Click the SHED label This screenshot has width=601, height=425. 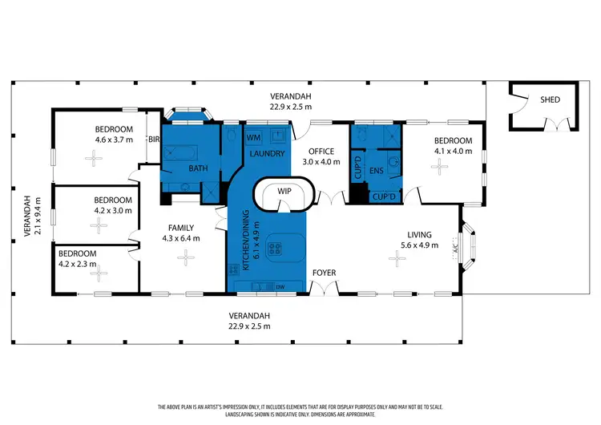pos(550,100)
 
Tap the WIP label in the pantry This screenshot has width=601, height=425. pos(284,192)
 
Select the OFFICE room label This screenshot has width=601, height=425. pos(321,151)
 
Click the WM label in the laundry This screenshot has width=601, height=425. pos(253,137)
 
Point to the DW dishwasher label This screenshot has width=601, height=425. pos(280,286)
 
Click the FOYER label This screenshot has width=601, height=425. pos(324,273)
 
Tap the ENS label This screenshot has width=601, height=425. pos(376,172)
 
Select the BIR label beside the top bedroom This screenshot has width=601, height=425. pos(155,139)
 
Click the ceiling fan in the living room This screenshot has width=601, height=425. pos(396,257)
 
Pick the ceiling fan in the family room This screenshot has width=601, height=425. pos(186,257)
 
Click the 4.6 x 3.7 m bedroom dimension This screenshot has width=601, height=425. pos(115,139)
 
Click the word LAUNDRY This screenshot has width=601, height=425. pos(264,153)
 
